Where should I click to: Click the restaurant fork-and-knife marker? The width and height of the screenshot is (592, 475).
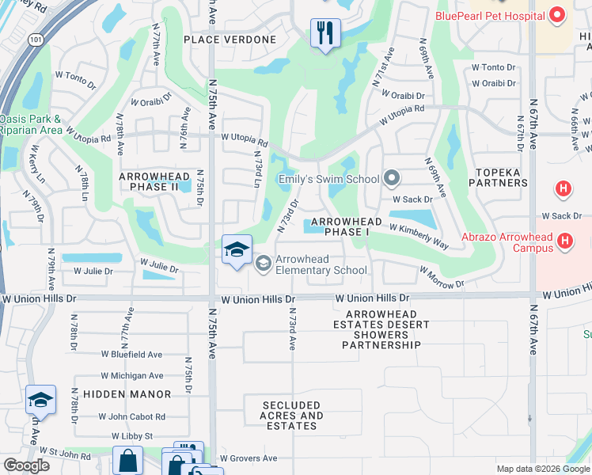coord(324,33)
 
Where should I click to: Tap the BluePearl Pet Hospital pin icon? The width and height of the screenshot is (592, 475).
coord(556,15)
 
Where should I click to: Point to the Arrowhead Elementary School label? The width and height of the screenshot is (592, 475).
coord(321,264)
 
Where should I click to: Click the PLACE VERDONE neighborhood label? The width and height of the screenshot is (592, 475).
coord(230,40)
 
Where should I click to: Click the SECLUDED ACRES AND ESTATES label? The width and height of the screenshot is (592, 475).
coord(291,416)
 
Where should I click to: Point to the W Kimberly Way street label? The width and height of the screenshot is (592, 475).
coord(418,235)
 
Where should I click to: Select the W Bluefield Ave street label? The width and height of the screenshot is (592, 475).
coord(131,355)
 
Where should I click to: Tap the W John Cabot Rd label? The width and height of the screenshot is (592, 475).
coord(132,416)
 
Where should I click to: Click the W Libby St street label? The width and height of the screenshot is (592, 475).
coord(132,436)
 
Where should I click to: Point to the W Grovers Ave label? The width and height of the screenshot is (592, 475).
coord(249,458)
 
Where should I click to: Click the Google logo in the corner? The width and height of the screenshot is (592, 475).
coord(26,465)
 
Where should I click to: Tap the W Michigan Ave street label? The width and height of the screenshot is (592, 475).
coord(132,376)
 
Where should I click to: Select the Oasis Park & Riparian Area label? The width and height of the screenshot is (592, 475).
coord(31,124)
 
